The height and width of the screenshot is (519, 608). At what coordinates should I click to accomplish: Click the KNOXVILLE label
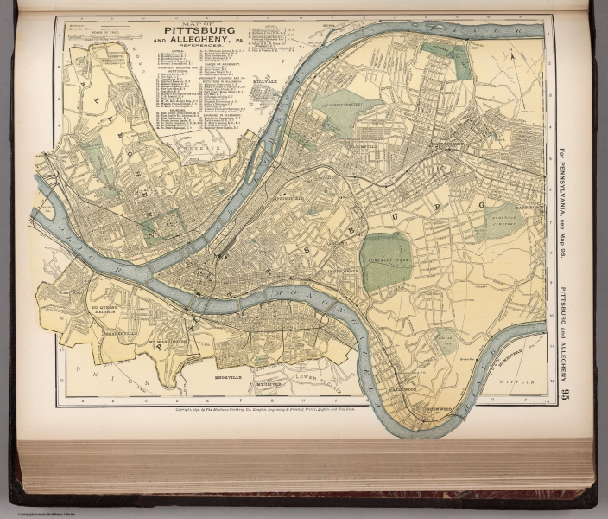229,378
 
